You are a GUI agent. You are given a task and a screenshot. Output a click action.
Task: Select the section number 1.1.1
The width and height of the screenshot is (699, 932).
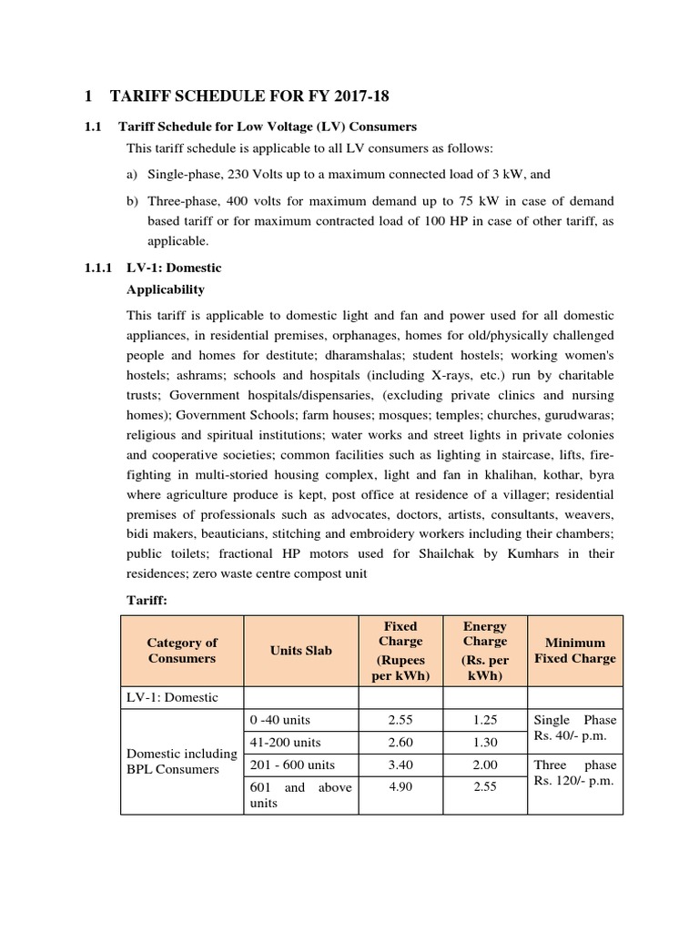point(96,268)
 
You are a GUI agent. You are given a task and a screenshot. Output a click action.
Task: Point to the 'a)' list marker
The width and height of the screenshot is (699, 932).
point(132,173)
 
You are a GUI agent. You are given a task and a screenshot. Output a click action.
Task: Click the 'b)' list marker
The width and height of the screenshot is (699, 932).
point(132,199)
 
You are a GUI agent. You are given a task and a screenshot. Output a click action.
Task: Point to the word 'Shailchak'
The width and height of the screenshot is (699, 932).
point(440,553)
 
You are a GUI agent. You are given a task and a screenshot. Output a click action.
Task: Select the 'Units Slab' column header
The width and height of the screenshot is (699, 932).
point(300,651)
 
